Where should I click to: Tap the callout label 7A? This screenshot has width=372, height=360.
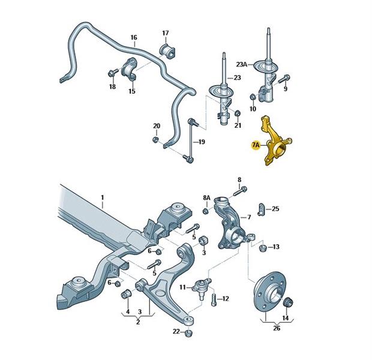point(256,145)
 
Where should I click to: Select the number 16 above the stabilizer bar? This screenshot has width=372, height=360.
point(134,37)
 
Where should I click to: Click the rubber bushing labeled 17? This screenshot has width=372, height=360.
point(167,50)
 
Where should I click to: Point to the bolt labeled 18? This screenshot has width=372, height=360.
point(113,72)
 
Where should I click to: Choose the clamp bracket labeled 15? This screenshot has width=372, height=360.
point(129,69)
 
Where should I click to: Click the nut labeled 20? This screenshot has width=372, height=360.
point(155,139)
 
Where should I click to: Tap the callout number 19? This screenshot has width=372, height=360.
point(202,142)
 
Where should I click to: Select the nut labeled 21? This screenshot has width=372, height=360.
point(237,113)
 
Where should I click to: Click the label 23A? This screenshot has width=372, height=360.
point(242,64)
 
